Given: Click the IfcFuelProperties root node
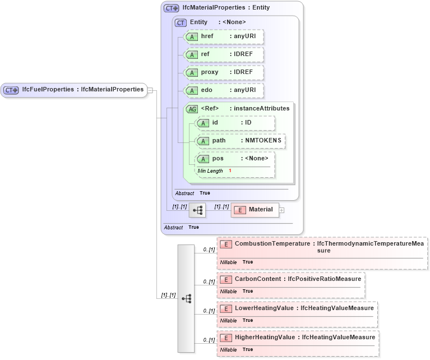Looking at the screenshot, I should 73,90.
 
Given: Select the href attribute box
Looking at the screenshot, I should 224,36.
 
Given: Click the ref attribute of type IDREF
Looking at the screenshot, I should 224,54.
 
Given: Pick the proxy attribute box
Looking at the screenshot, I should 224,72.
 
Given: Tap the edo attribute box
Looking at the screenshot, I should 224,90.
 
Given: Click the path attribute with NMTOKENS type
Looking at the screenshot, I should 239,141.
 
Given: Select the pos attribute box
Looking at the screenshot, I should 235,159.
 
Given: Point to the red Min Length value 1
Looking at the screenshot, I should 230,170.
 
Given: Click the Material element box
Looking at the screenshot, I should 255,210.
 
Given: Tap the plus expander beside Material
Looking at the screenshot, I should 282,210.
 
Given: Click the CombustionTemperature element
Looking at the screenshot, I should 322,247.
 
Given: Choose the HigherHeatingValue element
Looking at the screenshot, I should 298,337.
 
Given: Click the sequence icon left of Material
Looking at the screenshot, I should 197,210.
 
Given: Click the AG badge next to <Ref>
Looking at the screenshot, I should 192,109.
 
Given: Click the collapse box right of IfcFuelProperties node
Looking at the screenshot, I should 150,90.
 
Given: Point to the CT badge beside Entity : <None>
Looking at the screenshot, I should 181,22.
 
